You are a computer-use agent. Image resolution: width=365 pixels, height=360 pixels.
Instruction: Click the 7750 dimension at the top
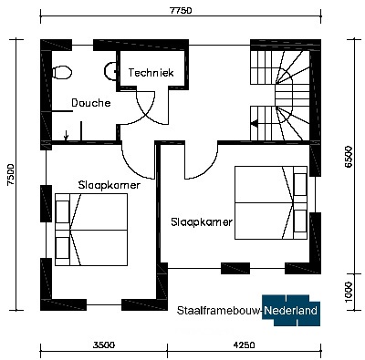click(181, 11)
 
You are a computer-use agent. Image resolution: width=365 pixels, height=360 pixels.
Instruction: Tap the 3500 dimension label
click(104, 345)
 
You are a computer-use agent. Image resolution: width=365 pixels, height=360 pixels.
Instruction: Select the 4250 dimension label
click(245, 345)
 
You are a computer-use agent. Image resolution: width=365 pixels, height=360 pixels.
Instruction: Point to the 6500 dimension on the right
click(349, 157)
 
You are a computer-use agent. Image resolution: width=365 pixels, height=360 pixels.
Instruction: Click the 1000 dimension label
click(349, 292)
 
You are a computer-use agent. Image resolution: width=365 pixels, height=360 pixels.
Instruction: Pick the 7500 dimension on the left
click(11, 175)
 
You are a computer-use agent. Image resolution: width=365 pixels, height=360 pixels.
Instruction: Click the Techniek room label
click(151, 73)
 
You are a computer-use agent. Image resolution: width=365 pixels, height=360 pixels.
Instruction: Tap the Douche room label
click(91, 103)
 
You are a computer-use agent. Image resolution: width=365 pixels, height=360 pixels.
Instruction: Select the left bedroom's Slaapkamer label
click(109, 185)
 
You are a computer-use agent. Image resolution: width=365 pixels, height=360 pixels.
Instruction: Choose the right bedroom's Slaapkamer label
click(202, 222)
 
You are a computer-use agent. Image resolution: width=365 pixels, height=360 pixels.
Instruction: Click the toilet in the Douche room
click(62, 73)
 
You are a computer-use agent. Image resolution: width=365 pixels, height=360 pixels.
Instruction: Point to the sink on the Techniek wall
click(110, 71)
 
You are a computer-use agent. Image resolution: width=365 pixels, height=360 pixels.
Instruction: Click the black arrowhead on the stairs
click(255, 123)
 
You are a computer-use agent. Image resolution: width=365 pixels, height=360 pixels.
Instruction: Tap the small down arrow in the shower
click(66, 136)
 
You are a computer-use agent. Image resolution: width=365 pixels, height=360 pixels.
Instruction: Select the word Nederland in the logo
click(290, 311)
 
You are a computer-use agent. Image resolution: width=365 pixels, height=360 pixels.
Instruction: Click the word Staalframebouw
click(219, 311)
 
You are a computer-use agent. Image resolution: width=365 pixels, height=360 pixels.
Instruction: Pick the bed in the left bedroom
click(91, 230)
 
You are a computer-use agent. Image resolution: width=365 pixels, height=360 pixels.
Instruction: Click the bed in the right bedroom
click(271, 202)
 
